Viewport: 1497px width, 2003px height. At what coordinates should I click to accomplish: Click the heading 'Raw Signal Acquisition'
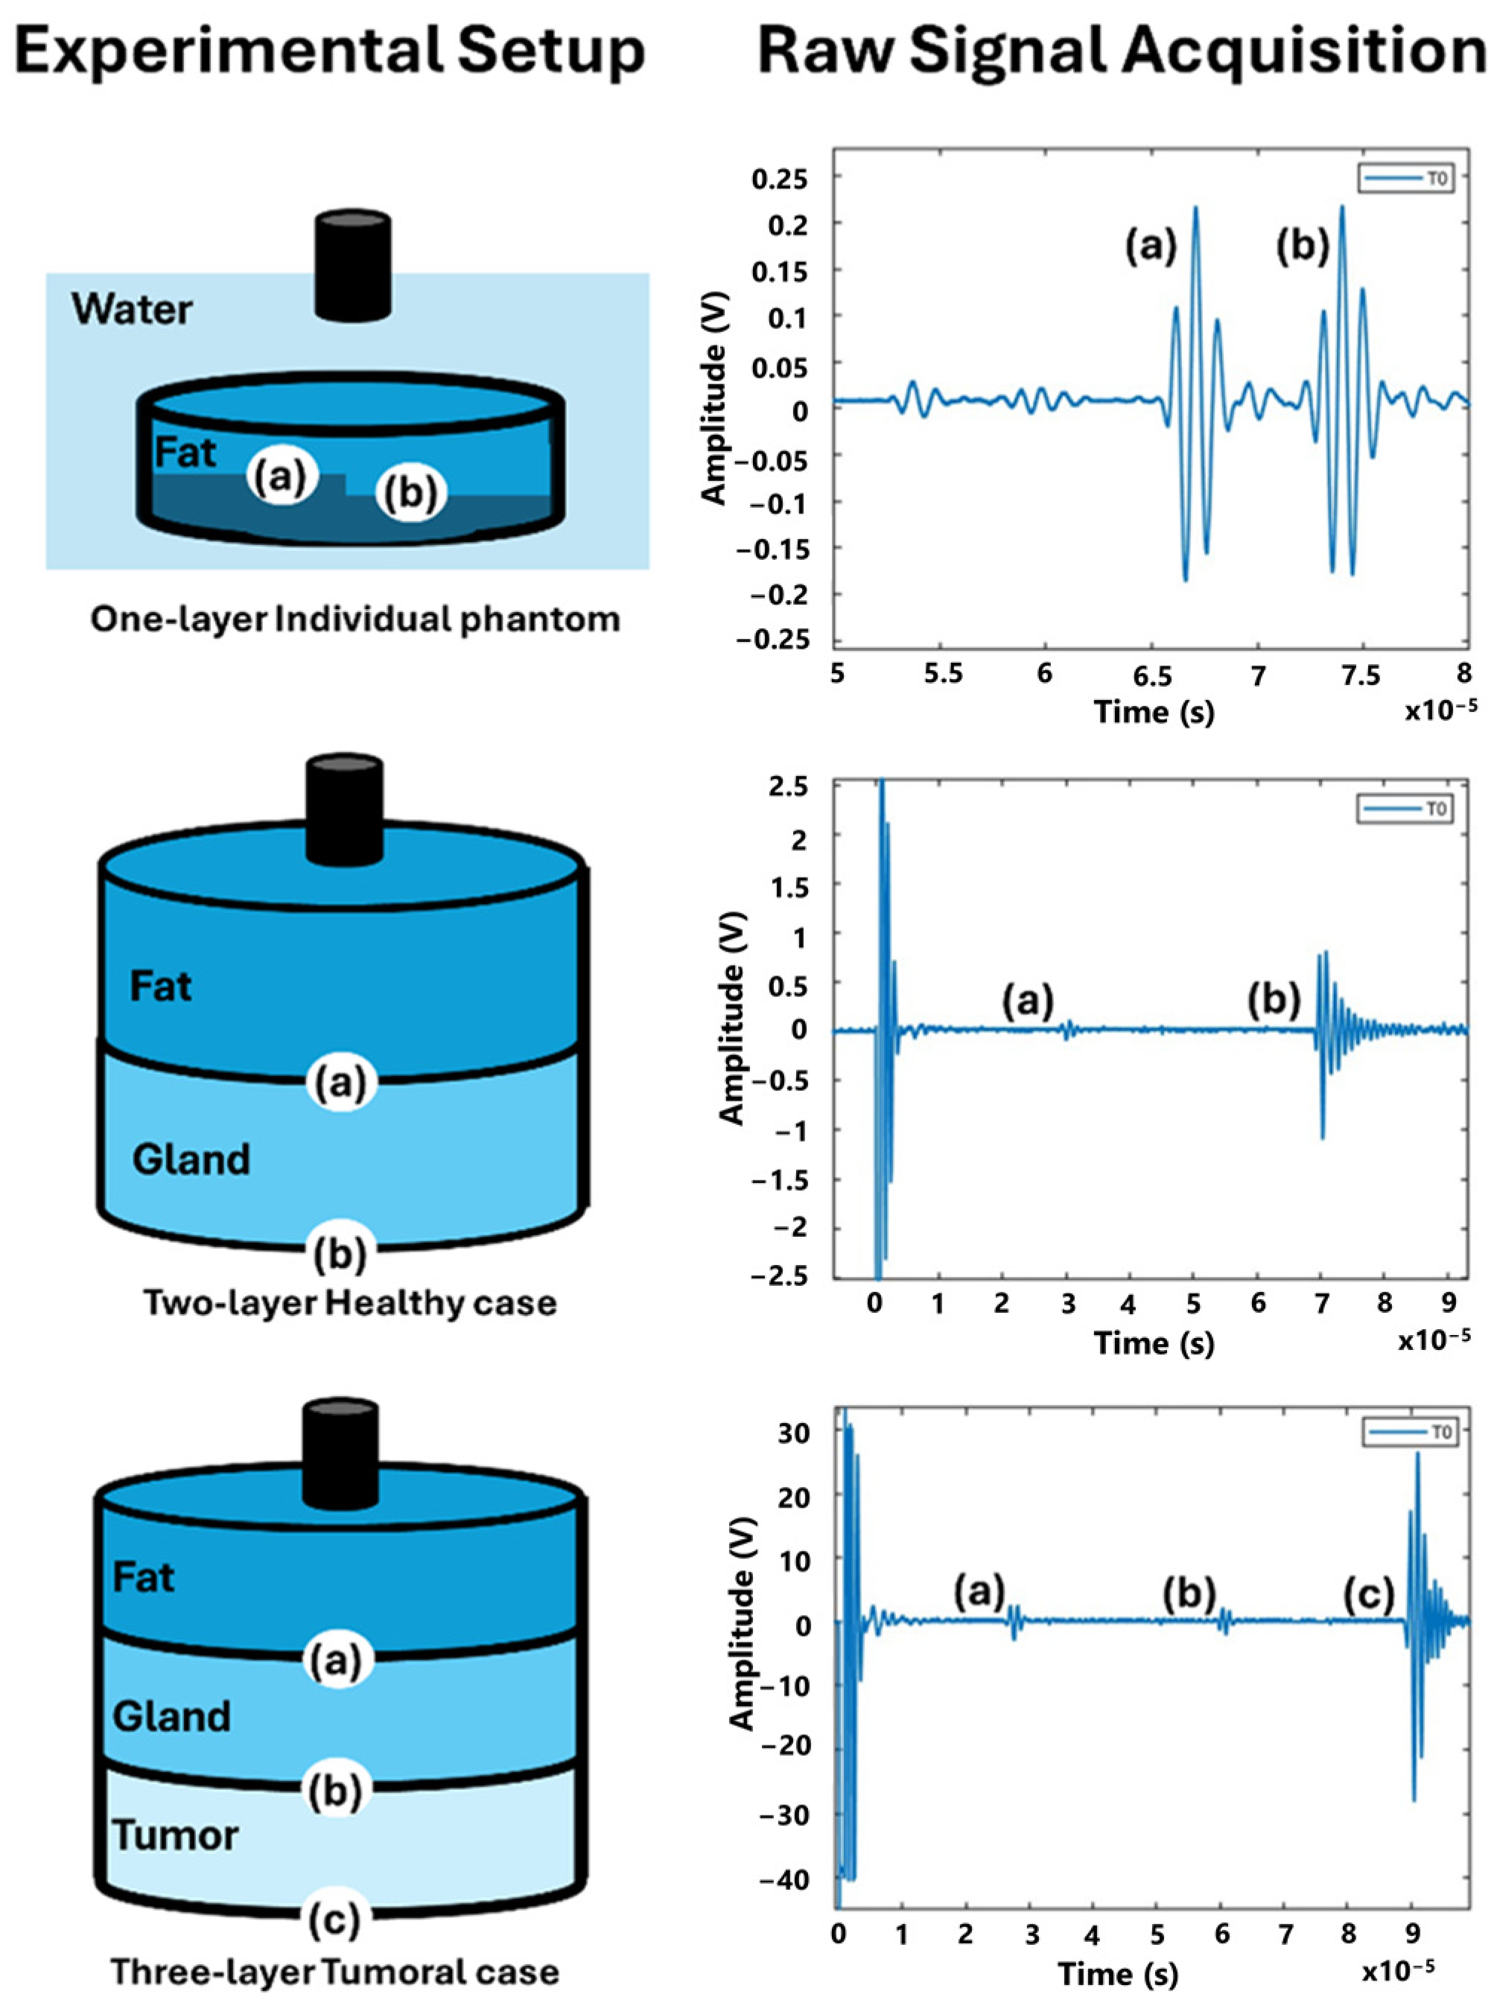(1121, 53)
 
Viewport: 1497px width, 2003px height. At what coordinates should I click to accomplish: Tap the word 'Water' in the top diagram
(133, 310)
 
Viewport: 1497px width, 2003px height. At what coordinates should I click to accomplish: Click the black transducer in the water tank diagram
(352, 264)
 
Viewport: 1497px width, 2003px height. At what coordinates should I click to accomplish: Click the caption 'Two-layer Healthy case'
(349, 1303)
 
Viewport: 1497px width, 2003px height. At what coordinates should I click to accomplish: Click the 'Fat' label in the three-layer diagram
(143, 1576)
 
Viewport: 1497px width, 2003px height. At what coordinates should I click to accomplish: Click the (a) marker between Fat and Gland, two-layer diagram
(340, 1081)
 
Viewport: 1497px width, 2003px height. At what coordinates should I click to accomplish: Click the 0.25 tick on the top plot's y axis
(780, 179)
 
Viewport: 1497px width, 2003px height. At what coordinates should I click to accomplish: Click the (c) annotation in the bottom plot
(1367, 1595)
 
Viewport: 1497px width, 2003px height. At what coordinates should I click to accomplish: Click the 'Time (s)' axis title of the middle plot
(1153, 1343)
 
